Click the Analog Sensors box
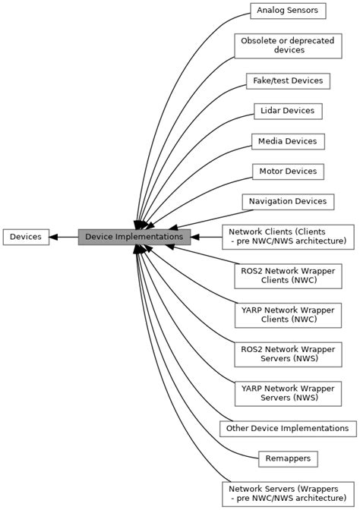[x=288, y=11]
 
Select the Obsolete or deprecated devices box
[x=287, y=46]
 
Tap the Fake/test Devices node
[x=287, y=80]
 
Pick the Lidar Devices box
[x=287, y=111]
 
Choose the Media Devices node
[x=288, y=141]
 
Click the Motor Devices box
[x=288, y=172]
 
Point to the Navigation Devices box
[x=288, y=201]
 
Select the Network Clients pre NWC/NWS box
[x=287, y=237]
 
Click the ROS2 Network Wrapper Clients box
[x=287, y=275]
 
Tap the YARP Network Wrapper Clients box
[x=287, y=314]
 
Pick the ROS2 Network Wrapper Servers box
[x=287, y=354]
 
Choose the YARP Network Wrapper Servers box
[x=287, y=393]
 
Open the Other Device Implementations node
[x=288, y=429]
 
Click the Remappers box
[x=288, y=459]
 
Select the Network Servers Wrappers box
[x=287, y=493]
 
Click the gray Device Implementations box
[x=134, y=237]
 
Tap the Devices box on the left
[x=26, y=237]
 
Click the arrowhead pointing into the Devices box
[x=54, y=237]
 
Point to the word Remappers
[x=288, y=459]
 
